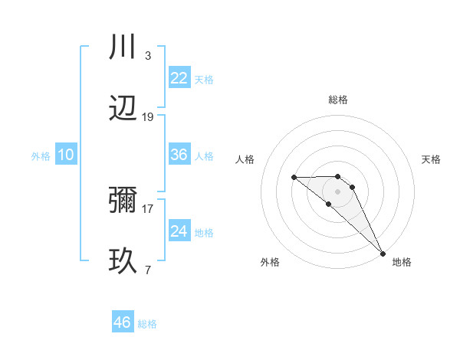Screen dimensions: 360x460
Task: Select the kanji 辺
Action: pos(123,110)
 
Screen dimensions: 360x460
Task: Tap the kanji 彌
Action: pos(123,201)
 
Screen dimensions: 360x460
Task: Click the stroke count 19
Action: pos(148,117)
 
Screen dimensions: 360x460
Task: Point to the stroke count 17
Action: pos(148,208)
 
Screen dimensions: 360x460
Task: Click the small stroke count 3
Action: pos(148,56)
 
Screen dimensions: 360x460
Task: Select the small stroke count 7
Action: pos(148,270)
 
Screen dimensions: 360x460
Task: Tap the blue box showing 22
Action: pos(179,78)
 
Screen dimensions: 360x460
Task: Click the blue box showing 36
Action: pos(179,155)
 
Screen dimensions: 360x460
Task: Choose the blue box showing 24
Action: pos(179,231)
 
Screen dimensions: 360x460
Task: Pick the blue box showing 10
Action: pos(66,155)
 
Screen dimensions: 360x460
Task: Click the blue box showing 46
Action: pos(123,322)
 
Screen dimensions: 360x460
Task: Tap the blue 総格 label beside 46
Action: pos(147,324)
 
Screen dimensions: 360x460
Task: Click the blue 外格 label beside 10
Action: pos(41,156)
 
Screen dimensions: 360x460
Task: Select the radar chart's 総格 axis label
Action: pos(337,100)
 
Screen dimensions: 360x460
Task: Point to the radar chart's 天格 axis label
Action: pos(432,159)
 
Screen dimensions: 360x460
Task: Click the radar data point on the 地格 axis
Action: pos(382,253)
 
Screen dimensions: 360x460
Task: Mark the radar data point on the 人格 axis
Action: pos(294,178)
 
